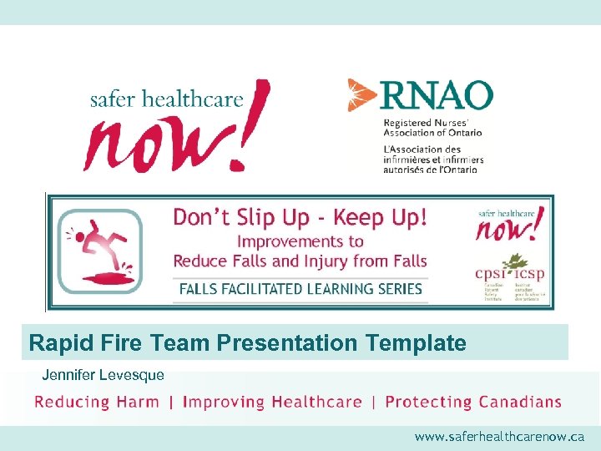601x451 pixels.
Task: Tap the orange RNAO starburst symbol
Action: click(361, 94)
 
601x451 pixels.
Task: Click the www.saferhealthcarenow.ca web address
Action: click(499, 437)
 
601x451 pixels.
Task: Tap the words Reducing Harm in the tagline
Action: click(97, 402)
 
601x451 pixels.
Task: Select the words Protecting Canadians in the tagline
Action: click(473, 402)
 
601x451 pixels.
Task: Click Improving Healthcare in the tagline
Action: click(272, 402)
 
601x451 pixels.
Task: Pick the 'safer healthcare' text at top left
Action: click(167, 99)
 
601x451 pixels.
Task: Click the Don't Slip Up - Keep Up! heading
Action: click(300, 219)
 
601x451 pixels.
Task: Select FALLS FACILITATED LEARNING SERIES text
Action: click(300, 290)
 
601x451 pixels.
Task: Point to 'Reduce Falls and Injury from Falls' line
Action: click(300, 261)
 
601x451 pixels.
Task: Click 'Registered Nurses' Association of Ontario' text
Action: click(432, 127)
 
